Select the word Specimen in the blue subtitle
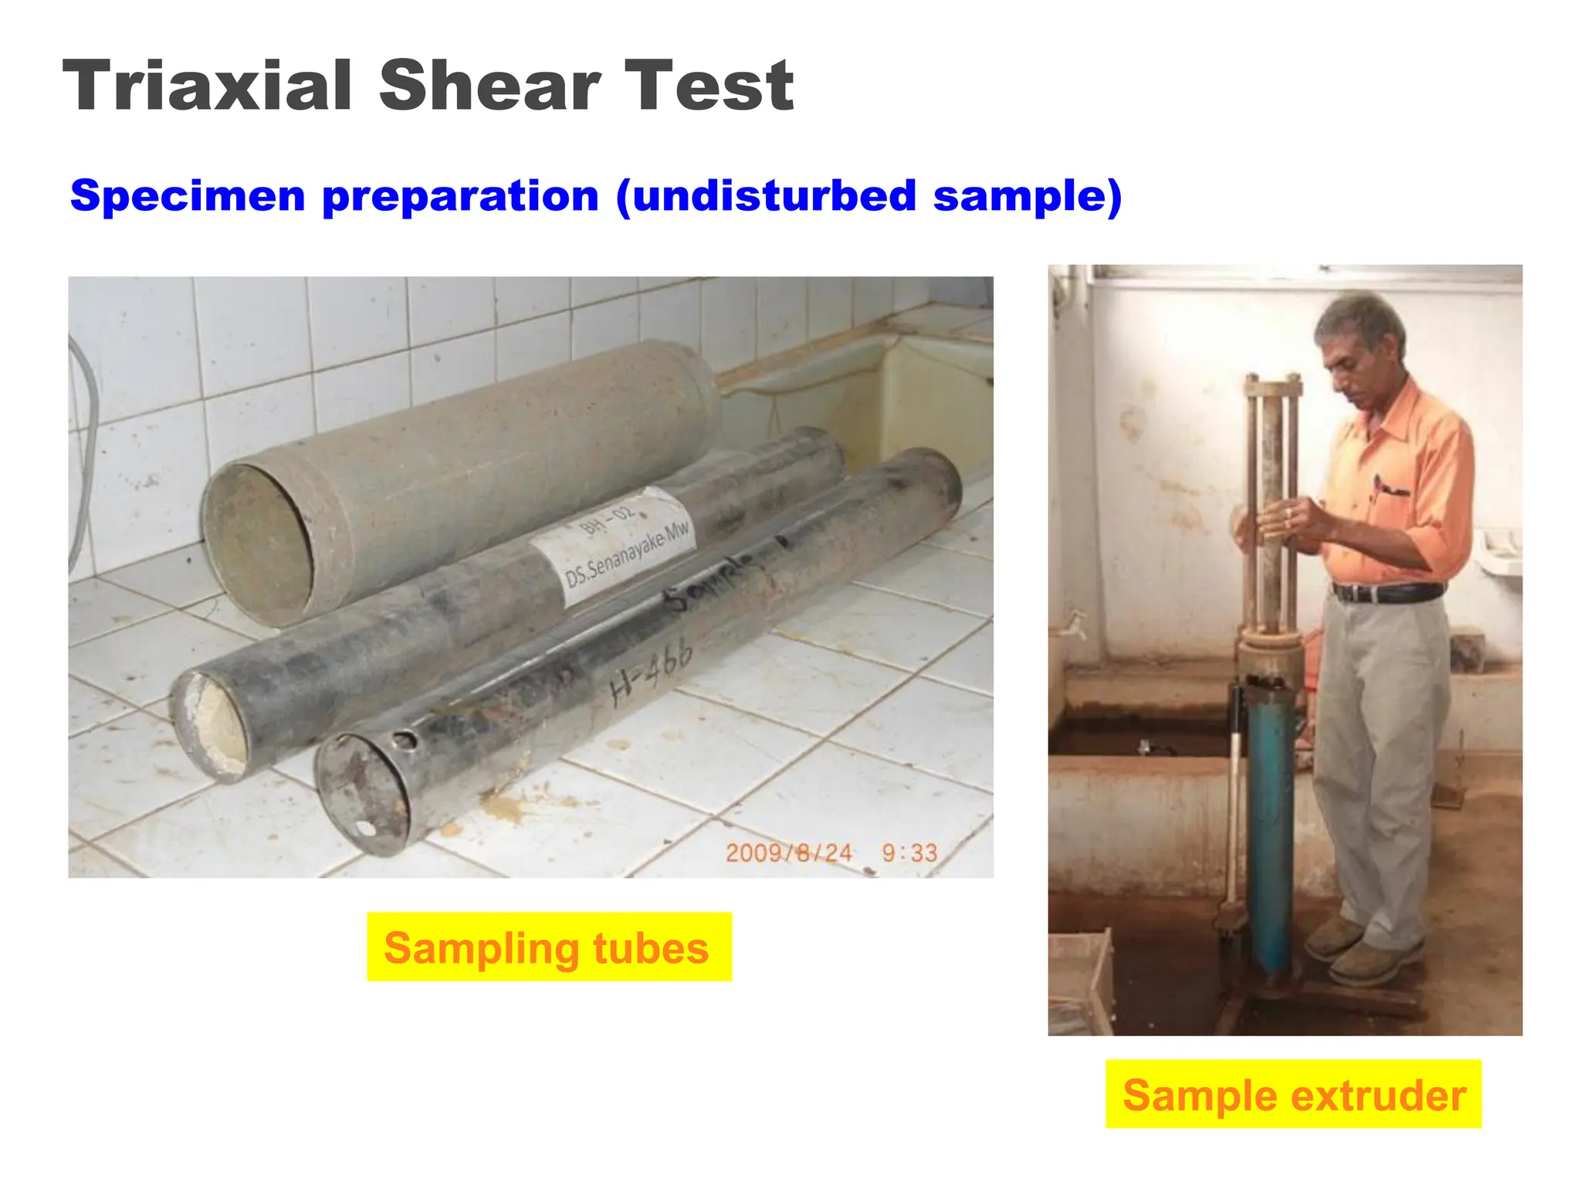tap(188, 196)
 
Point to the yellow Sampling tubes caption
tap(548, 947)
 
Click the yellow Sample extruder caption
tap(1293, 1094)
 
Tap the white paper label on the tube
tap(614, 547)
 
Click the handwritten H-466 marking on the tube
tap(650, 670)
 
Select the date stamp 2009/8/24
tap(788, 853)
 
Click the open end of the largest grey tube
tap(259, 544)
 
